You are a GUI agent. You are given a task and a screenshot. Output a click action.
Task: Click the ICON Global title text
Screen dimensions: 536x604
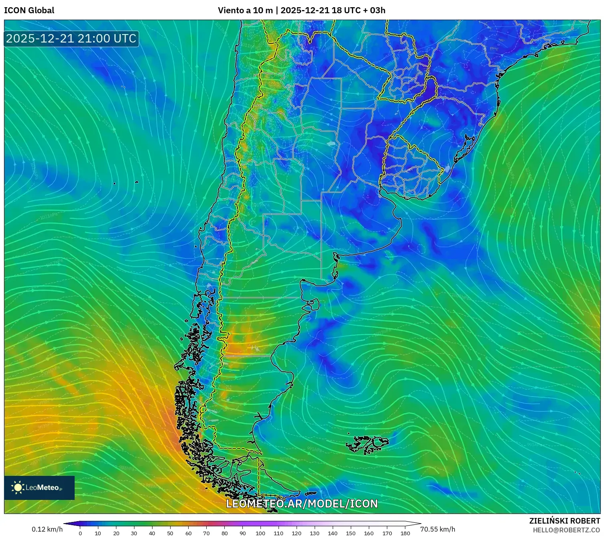pyautogui.click(x=29, y=10)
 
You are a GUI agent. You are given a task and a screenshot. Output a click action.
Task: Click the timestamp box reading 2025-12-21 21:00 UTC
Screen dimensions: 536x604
pyautogui.click(x=71, y=38)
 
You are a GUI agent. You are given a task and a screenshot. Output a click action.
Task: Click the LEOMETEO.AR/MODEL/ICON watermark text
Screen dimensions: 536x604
pyautogui.click(x=302, y=504)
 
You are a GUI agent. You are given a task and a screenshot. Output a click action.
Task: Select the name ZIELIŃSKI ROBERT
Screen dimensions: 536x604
pyautogui.click(x=564, y=521)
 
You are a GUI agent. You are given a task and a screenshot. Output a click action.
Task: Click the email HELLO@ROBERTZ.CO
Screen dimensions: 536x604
pyautogui.click(x=566, y=530)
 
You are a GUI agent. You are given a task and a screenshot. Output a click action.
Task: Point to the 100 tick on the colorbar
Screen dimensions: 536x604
pyautogui.click(x=260, y=533)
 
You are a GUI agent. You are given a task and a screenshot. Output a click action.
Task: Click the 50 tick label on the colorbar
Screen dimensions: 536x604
pyautogui.click(x=170, y=533)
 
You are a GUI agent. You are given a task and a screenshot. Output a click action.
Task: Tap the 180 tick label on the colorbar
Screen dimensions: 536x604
pyautogui.click(x=405, y=533)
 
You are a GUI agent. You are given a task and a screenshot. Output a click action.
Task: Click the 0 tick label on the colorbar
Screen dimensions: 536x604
pyautogui.click(x=80, y=533)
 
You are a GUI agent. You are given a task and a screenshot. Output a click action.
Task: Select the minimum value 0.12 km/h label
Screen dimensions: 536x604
pyautogui.click(x=47, y=529)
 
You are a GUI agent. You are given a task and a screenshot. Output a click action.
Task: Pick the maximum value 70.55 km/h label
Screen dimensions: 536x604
pyautogui.click(x=437, y=529)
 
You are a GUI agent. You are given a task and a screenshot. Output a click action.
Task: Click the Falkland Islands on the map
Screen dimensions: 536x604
pyautogui.click(x=367, y=444)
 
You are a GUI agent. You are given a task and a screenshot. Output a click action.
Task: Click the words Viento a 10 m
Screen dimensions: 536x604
pyautogui.click(x=245, y=10)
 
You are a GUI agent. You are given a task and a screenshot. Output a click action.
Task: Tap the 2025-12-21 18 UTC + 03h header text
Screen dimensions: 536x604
pyautogui.click(x=333, y=10)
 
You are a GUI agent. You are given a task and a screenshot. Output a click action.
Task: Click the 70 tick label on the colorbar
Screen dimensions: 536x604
pyautogui.click(x=206, y=533)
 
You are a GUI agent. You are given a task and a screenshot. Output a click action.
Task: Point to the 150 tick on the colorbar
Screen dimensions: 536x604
pyautogui.click(x=351, y=533)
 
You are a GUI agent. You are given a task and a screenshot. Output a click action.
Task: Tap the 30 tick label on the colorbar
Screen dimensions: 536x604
pyautogui.click(x=134, y=533)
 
